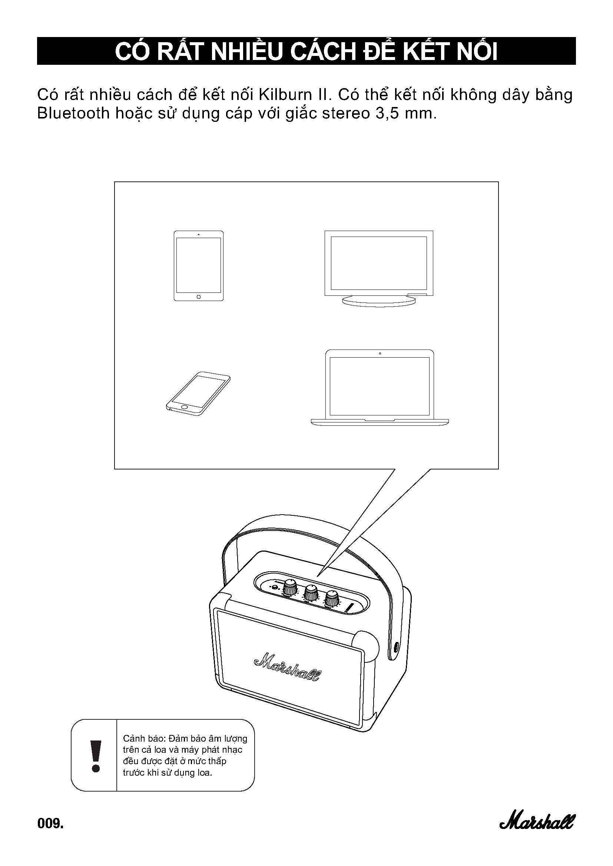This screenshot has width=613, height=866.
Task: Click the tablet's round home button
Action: (x=199, y=297)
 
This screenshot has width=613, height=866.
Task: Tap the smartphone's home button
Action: (x=184, y=407)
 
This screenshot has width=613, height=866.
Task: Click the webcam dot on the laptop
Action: (x=380, y=354)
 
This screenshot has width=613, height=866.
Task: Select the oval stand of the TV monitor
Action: (x=379, y=300)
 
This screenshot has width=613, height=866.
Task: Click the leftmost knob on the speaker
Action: (x=290, y=587)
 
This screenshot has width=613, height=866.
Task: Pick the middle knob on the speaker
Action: (x=311, y=592)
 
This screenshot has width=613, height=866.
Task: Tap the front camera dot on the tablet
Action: (x=199, y=234)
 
